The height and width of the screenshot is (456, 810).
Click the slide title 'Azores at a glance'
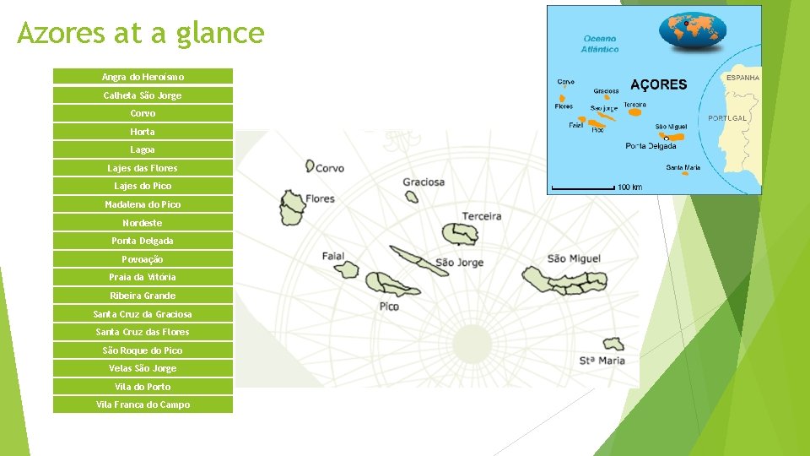141,34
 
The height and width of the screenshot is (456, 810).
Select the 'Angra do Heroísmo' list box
143,77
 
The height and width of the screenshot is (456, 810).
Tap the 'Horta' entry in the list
143,132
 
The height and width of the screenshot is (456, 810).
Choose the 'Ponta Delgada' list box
143,241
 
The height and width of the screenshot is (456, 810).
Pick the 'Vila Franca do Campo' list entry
143,404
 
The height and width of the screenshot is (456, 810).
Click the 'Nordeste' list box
143,223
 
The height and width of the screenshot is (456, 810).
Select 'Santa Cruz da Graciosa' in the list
143,314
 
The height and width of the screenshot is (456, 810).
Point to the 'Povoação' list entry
143,259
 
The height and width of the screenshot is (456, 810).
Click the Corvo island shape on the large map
310,166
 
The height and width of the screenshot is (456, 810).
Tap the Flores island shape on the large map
293,207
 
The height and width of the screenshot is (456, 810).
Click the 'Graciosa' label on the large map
424,182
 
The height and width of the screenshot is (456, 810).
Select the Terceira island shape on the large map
460,233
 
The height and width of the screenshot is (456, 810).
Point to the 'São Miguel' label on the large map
574,258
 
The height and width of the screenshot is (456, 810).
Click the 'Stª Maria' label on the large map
602,361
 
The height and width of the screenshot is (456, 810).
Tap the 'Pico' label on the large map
389,307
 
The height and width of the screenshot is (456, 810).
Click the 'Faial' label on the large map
333,256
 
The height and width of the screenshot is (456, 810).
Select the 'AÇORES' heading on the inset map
659,84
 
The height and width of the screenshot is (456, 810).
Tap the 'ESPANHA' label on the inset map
742,78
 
